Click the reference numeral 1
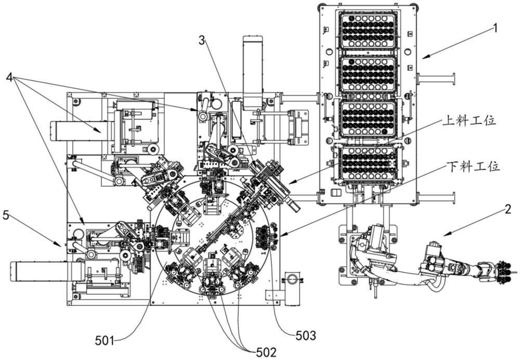pyautogui.click(x=495, y=28)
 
